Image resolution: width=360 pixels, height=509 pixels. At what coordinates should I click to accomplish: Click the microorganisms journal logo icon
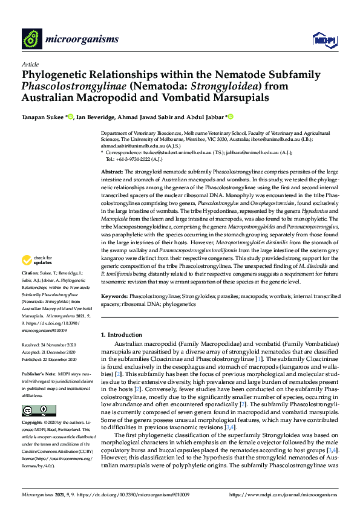[32, 38]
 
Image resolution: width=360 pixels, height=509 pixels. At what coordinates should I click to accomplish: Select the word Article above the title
[30, 64]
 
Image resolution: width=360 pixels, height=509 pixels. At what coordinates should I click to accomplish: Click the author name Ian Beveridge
[96, 117]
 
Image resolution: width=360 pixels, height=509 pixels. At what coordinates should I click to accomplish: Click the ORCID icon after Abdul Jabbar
[231, 117]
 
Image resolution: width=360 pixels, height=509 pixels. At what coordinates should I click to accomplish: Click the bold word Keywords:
[115, 297]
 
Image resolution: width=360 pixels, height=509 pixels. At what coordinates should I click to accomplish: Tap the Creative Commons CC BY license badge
[39, 410]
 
